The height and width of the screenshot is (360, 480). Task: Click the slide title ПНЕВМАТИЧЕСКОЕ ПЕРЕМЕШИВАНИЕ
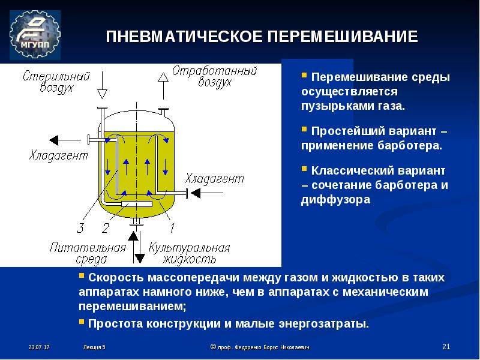[x=262, y=37]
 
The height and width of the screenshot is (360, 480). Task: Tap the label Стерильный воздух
[x=56, y=82]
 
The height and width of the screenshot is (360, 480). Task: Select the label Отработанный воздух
[x=214, y=77]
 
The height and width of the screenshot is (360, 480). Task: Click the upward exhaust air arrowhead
[x=163, y=76]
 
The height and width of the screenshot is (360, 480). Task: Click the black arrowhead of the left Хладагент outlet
[x=55, y=140]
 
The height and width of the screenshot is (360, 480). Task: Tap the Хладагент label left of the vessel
[x=58, y=155]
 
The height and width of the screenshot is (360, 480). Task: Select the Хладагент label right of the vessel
[x=215, y=178]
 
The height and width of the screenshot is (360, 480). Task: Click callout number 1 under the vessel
[x=171, y=227]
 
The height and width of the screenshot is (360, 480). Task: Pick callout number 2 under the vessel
[x=105, y=227]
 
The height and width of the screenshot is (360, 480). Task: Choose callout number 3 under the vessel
[x=80, y=227]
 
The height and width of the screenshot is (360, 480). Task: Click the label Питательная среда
[x=88, y=253]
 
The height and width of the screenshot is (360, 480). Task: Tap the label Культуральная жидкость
[x=190, y=253]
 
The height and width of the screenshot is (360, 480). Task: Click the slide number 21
[x=445, y=347]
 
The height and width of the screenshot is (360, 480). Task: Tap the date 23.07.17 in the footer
[x=38, y=347]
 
